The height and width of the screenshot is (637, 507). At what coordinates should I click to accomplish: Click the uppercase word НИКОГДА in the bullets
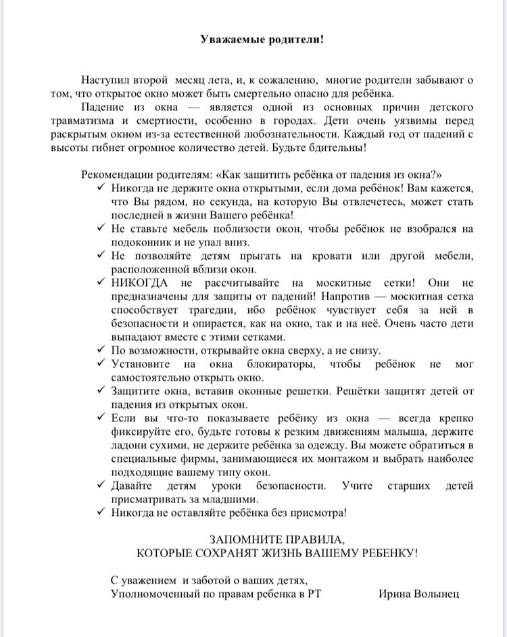139,283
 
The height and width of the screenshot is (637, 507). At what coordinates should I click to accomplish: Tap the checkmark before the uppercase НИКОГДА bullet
101,283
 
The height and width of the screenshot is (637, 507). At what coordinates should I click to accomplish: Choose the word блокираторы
269,364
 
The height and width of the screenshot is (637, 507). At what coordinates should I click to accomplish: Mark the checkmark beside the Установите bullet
101,364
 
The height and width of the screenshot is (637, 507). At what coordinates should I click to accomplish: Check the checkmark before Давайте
101,486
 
